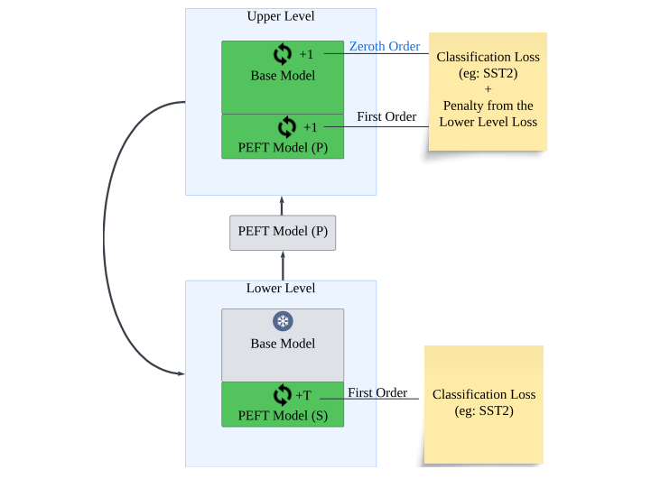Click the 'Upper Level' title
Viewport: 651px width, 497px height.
[x=281, y=17]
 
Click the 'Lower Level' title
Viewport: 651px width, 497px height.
[x=281, y=289]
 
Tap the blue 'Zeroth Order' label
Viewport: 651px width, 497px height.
[x=384, y=47]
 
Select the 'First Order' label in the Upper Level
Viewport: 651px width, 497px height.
[x=386, y=116]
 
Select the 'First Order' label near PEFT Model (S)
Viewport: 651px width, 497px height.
[x=377, y=392]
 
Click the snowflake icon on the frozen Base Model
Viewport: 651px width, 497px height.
[x=283, y=321]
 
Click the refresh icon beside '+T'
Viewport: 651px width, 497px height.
[x=283, y=395]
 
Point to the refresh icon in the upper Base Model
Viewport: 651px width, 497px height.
[x=283, y=54]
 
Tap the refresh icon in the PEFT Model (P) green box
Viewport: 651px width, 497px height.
[x=287, y=126]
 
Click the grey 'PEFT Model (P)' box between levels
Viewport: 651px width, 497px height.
[x=283, y=232]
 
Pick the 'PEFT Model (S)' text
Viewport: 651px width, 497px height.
[x=283, y=416]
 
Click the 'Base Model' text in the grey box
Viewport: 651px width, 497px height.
[x=283, y=344]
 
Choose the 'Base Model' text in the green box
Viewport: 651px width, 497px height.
[x=283, y=76]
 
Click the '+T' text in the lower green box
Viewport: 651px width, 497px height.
[x=303, y=395]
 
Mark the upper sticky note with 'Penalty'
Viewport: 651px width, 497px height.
[x=488, y=90]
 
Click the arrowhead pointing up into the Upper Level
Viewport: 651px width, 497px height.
[x=282, y=199]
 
